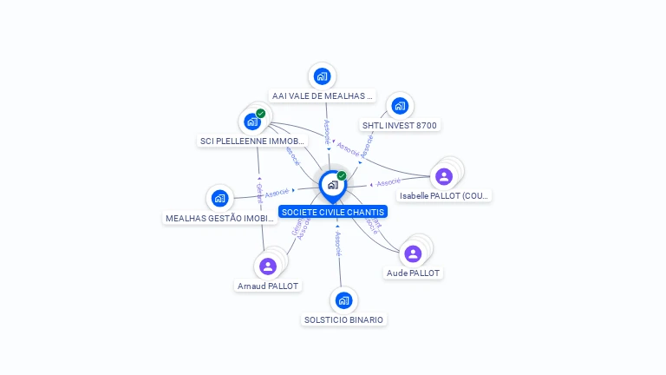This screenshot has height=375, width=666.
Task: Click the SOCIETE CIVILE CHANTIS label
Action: (333, 212)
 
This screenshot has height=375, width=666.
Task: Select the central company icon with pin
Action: (332, 185)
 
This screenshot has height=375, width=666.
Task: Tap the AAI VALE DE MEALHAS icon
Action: (322, 76)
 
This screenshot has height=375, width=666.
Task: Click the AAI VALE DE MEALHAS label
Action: (322, 95)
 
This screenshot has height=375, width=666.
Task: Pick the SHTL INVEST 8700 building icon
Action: (399, 106)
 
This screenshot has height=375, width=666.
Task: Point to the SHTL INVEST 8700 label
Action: (400, 125)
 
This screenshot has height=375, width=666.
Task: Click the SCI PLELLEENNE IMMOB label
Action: (252, 141)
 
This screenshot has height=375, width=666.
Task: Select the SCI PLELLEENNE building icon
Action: (251, 122)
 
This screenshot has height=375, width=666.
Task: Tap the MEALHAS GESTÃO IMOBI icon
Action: (219, 199)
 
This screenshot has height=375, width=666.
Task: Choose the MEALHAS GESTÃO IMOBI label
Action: (219, 218)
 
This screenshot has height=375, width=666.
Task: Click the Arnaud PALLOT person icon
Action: (267, 266)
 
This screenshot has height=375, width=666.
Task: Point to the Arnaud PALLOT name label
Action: (268, 286)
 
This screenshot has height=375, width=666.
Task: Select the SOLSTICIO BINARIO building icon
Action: (343, 300)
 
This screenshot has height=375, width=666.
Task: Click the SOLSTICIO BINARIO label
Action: (343, 319)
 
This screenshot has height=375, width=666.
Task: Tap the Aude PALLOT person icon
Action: (413, 253)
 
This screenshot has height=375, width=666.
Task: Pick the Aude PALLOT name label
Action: (413, 273)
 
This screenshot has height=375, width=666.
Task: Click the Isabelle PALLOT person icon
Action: (444, 176)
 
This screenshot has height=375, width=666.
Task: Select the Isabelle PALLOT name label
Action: (445, 196)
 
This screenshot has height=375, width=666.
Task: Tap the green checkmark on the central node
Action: (342, 176)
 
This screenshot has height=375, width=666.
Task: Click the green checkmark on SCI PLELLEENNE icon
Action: (260, 114)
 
